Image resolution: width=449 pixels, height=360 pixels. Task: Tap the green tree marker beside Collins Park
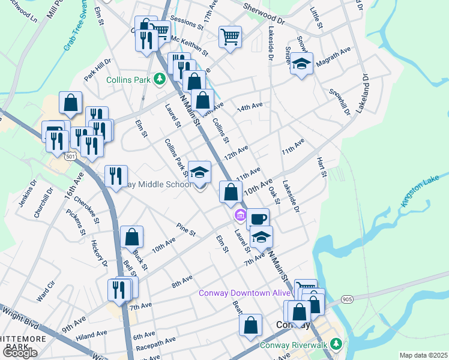coord(159,79)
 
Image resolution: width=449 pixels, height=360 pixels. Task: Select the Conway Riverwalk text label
coord(295,345)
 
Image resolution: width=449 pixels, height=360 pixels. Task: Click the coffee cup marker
coord(258,218)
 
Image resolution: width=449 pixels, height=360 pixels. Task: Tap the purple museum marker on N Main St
coord(240,214)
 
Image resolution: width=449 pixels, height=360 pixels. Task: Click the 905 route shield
coord(347,298)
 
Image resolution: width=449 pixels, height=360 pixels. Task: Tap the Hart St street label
coord(322,167)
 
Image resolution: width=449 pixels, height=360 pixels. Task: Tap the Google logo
coord(20,353)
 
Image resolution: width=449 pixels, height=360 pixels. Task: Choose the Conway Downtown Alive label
coord(244,293)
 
